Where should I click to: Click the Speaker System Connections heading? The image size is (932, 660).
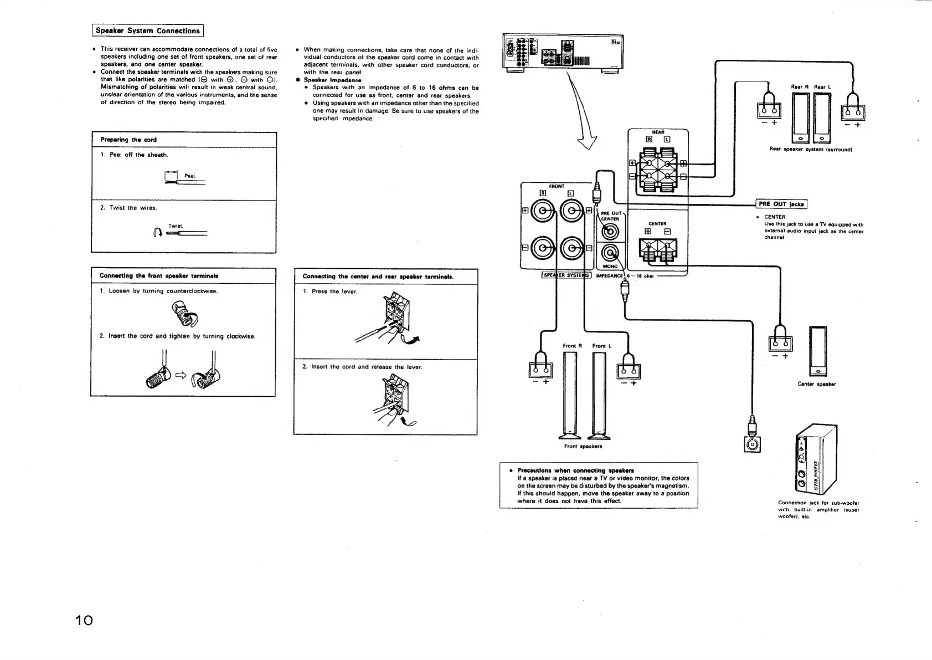tap(148, 31)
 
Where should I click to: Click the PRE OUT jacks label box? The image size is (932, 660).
tap(781, 204)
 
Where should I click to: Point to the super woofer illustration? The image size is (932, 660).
tap(815, 459)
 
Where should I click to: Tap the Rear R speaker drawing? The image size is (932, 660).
tap(800, 117)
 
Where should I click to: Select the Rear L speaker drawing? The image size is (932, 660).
tap(821, 117)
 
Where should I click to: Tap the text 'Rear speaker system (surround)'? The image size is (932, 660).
tap(810, 149)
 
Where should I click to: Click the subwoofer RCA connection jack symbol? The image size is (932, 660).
tap(752, 444)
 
